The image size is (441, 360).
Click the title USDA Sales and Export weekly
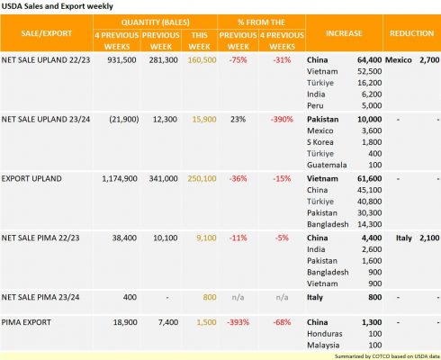click(x=57, y=6)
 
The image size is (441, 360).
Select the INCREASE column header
click(x=344, y=33)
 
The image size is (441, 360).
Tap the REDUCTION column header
click(x=411, y=33)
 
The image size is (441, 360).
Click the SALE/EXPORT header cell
click(x=47, y=33)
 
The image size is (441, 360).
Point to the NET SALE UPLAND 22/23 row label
click(x=46, y=60)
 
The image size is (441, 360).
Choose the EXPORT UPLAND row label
click(x=31, y=178)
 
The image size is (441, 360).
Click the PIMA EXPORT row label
click(x=26, y=322)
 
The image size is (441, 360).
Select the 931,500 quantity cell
click(x=121, y=60)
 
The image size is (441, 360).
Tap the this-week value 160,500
click(x=202, y=60)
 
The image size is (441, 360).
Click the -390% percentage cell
click(x=282, y=120)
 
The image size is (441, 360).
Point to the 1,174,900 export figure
click(x=120, y=179)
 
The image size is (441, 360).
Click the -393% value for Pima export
click(x=238, y=322)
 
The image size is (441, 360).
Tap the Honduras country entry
click(x=325, y=334)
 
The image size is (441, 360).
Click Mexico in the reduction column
click(x=398, y=60)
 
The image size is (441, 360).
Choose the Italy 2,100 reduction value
click(x=429, y=238)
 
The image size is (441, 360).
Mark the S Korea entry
click(x=320, y=142)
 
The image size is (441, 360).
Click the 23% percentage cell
click(x=238, y=120)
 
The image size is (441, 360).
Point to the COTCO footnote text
click(x=387, y=356)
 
